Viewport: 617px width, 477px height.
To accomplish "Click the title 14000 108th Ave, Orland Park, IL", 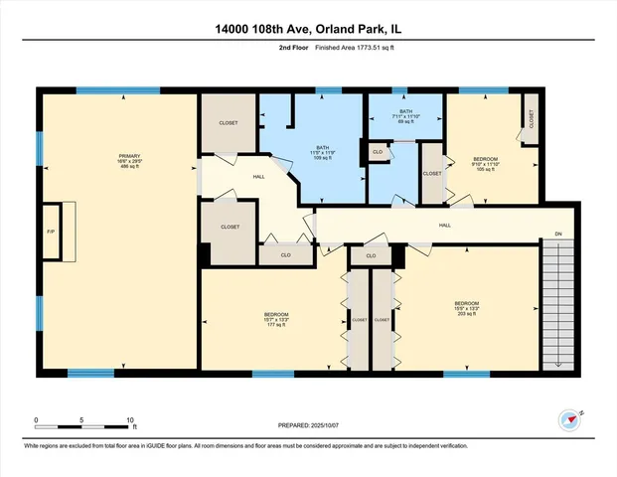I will [x=308, y=29].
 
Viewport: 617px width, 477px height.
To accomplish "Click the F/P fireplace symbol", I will [x=51, y=232].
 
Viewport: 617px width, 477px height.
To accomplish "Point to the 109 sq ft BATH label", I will [x=325, y=152].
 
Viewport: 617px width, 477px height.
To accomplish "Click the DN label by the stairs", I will [x=558, y=237].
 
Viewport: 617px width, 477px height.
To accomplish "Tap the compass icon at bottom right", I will [x=568, y=419].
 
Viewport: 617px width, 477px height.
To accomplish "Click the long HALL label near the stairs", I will [x=445, y=226].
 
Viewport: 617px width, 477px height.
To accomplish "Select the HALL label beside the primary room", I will [x=231, y=176].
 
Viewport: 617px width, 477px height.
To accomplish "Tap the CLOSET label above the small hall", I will [x=229, y=123].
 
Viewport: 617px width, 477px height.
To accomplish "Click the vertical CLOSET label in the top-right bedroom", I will [x=530, y=119].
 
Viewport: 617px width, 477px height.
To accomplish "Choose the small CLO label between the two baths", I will [x=377, y=151].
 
